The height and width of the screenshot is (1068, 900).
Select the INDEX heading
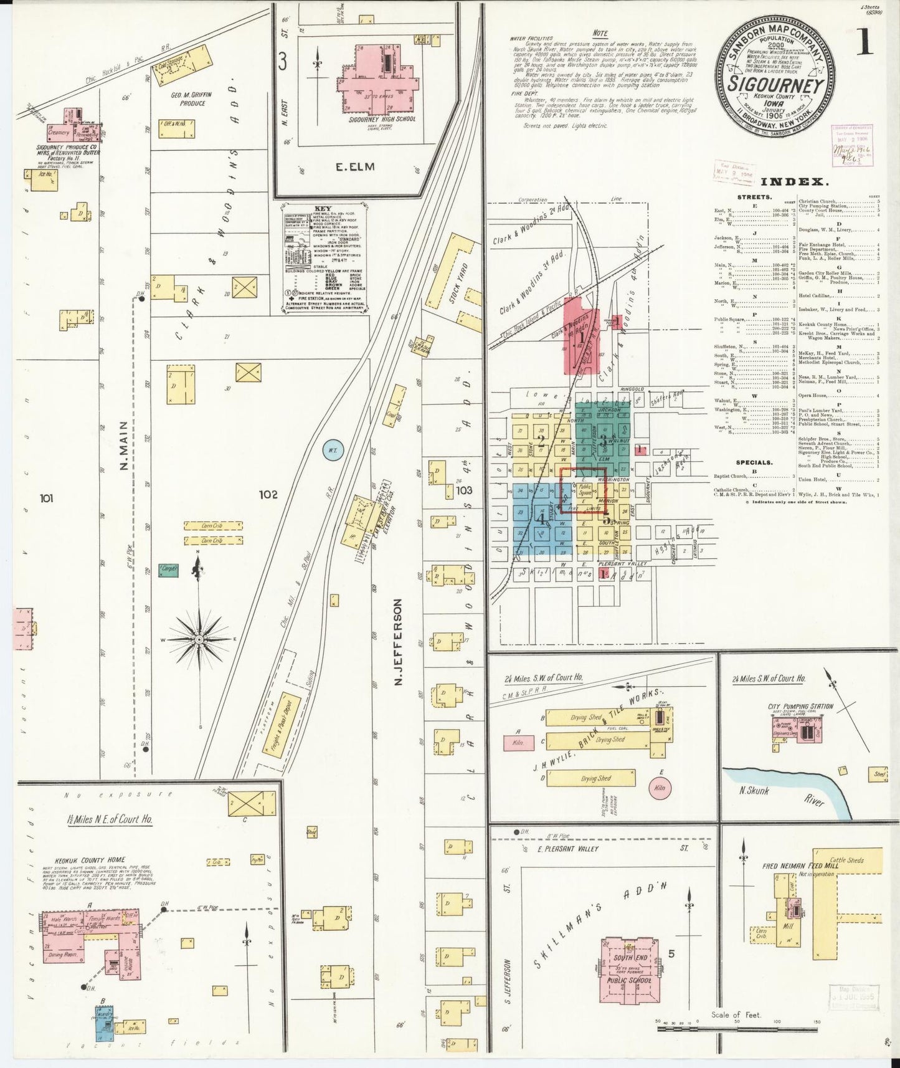pos(794,182)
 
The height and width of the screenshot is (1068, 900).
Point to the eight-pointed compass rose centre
pos(199,639)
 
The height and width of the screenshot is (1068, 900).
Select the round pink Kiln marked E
pos(660,788)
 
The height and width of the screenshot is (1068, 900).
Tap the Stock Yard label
pos(461,283)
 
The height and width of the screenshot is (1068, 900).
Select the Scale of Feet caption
pos(736,1015)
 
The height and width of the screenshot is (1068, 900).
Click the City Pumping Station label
pos(801,705)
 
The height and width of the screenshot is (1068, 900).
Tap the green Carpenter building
pos(168,569)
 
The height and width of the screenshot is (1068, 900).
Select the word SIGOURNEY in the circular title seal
pos(776,85)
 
